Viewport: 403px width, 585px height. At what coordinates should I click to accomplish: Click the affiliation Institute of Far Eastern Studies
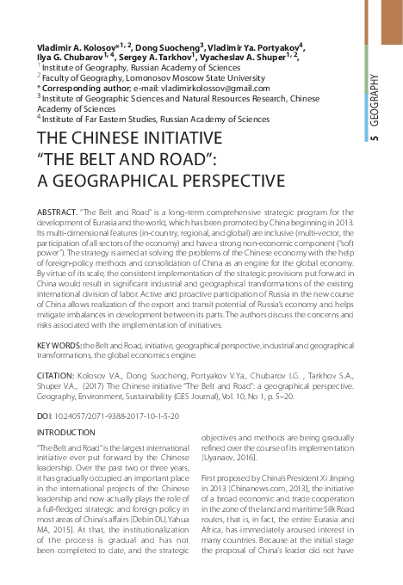click(95, 120)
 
